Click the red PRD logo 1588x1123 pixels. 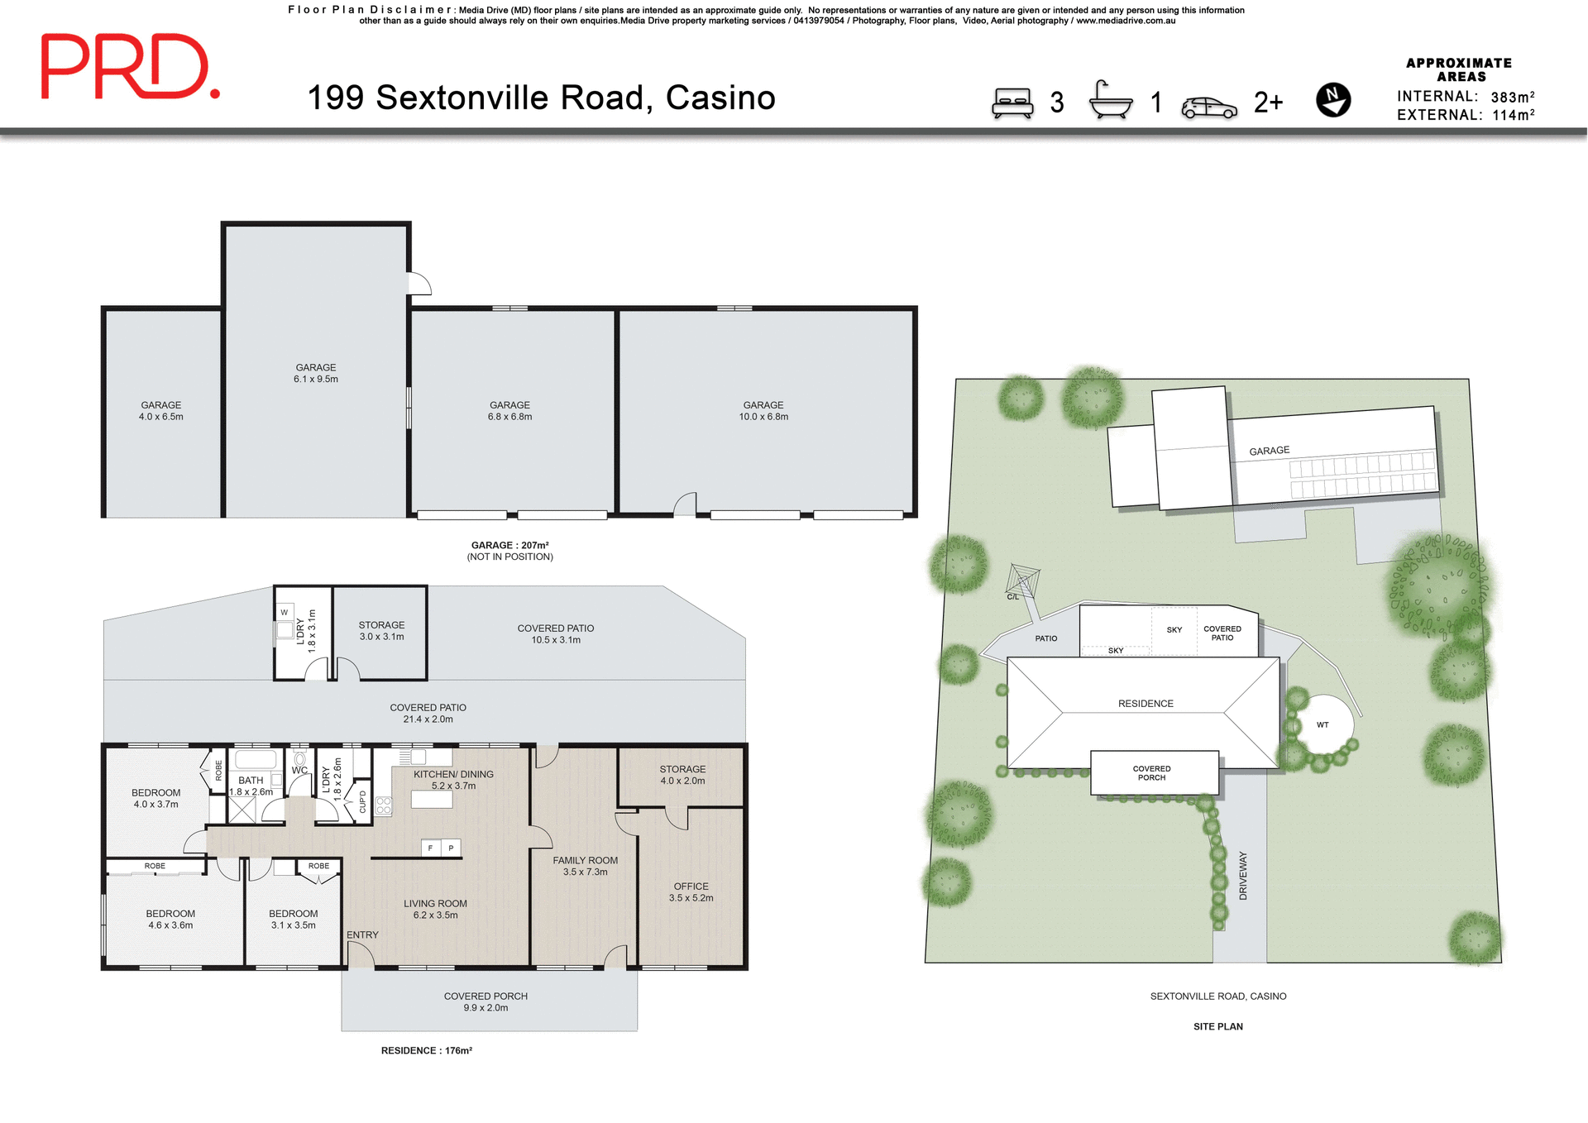point(130,67)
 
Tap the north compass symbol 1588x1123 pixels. point(1332,100)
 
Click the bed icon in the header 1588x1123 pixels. point(1012,103)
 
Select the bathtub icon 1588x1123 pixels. point(1110,100)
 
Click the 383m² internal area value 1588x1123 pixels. point(1512,97)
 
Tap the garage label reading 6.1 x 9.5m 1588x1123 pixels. point(315,373)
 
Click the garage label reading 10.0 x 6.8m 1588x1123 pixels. point(763,411)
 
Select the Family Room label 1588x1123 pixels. point(585,866)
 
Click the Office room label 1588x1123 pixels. point(691,891)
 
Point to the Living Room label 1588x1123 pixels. point(435,909)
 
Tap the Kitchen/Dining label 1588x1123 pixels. point(453,780)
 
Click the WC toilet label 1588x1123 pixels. point(299,770)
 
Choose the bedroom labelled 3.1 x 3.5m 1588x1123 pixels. point(293,919)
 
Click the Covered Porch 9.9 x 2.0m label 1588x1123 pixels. point(485,1001)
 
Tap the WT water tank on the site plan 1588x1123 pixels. point(1323,724)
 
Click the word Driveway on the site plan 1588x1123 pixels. point(1242,875)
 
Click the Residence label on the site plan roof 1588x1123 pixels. point(1146,704)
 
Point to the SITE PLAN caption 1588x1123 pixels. point(1217,1026)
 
